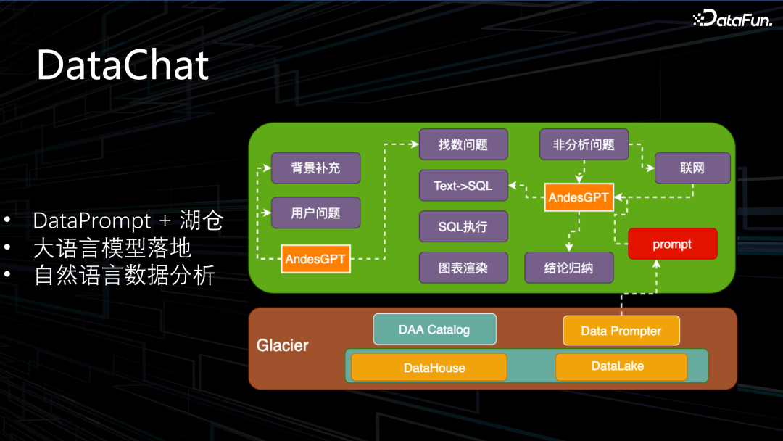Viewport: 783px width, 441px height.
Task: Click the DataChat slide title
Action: point(123,65)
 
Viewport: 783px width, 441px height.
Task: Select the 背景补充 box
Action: point(315,168)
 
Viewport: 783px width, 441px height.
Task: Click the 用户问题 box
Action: point(315,213)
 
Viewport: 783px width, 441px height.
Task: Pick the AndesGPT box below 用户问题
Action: point(315,259)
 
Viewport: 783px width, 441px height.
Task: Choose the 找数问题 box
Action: point(463,144)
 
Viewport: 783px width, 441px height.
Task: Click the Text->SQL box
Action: point(463,186)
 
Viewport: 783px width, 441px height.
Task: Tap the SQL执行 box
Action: point(463,227)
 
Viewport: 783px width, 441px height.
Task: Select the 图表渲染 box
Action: point(463,268)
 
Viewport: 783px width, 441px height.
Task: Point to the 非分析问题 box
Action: point(584,144)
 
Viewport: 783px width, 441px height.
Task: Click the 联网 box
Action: point(692,168)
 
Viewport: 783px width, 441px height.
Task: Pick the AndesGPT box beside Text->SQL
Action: point(579,197)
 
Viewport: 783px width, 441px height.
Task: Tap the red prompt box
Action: point(672,244)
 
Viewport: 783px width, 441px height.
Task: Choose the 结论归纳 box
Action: point(569,268)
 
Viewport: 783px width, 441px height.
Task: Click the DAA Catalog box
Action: point(434,329)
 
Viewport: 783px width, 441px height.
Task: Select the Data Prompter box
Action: point(621,331)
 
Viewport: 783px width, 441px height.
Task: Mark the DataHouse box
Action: point(428,368)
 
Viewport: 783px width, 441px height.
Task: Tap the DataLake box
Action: point(621,366)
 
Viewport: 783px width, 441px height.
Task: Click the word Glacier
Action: point(283,345)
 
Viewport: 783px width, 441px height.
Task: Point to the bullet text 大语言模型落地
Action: point(112,248)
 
